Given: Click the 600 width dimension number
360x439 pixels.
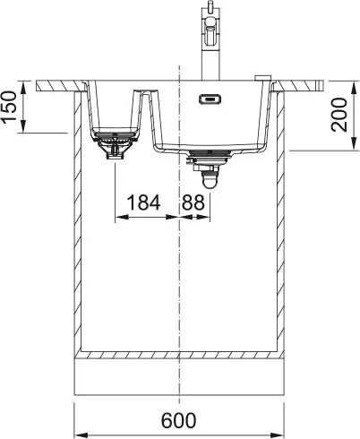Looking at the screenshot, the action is click(x=179, y=420).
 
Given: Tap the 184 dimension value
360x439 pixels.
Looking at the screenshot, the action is click(x=143, y=202).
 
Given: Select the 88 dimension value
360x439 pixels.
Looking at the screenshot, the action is click(x=193, y=202).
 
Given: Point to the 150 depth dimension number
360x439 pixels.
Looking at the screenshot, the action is click(x=8, y=107).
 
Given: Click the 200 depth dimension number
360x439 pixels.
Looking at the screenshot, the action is click(x=339, y=115).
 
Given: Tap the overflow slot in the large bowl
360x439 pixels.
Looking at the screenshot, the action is click(x=210, y=99).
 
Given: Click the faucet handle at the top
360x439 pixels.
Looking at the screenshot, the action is click(x=210, y=29).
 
